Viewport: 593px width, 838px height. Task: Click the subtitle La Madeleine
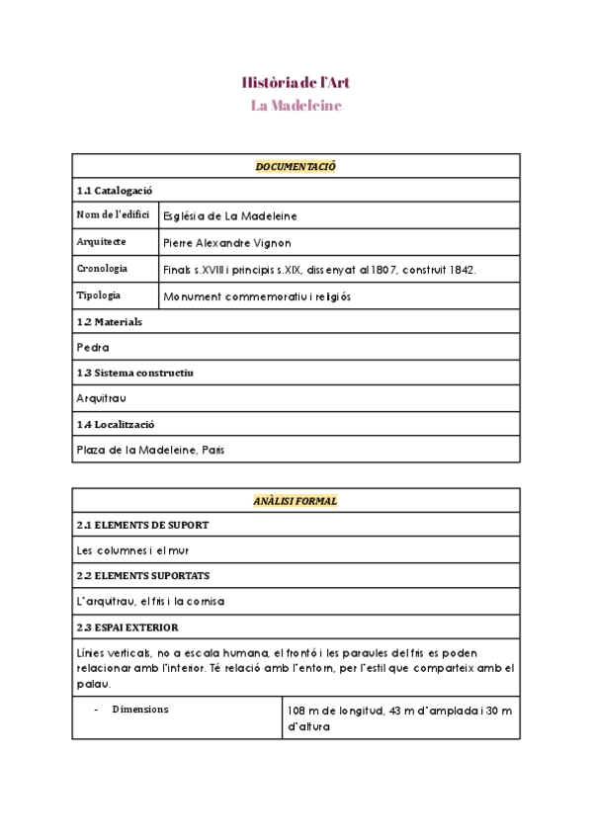(x=296, y=106)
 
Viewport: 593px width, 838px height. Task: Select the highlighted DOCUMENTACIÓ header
(x=296, y=166)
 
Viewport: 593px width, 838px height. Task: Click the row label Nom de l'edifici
(x=113, y=215)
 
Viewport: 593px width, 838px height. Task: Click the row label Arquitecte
(x=101, y=241)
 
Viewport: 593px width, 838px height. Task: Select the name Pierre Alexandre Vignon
(x=228, y=242)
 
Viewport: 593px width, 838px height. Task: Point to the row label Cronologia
(x=102, y=269)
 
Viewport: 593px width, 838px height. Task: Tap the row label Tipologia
(x=99, y=295)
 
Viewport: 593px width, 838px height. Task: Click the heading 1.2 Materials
(x=109, y=321)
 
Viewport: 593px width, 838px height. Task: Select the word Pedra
(x=93, y=347)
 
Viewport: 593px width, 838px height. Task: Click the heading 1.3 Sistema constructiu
(x=134, y=373)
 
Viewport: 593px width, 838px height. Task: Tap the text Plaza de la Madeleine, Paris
(x=150, y=450)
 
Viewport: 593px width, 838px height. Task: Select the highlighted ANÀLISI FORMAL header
(x=296, y=501)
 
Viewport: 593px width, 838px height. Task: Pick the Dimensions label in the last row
(x=139, y=710)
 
